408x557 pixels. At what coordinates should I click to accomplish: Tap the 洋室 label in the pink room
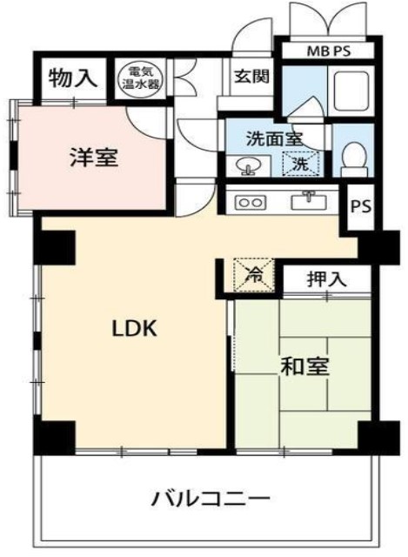coord(93,158)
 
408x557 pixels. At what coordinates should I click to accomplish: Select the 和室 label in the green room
coord(304,367)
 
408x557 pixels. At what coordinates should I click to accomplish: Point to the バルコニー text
coord(210,500)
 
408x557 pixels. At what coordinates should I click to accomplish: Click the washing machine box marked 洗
coord(298,164)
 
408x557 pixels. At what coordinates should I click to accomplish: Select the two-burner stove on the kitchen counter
coord(251,202)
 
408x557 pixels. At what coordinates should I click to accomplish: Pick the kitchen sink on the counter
coord(308,201)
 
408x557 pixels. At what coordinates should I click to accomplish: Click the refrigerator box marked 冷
coord(256,276)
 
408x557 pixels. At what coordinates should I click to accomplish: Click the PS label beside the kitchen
coord(361,207)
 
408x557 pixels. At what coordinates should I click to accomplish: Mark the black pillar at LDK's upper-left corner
coord(56,247)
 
